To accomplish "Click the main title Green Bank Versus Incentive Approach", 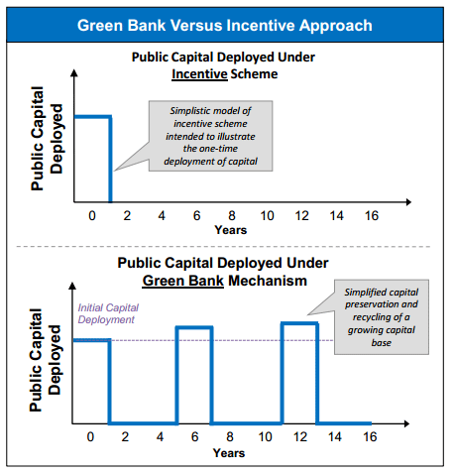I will [x=226, y=23].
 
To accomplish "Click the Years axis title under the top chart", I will [x=230, y=230].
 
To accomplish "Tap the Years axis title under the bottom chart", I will [x=230, y=453].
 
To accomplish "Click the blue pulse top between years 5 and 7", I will [x=193, y=327].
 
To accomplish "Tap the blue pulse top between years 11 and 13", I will [x=299, y=323].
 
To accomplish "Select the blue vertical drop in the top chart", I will [x=110, y=159].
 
